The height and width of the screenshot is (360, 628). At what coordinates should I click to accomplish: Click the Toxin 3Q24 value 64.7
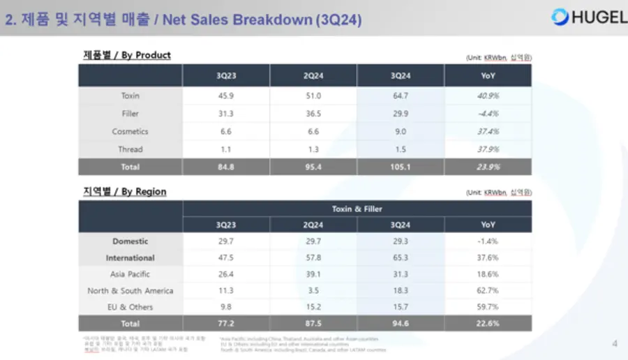[x=401, y=96]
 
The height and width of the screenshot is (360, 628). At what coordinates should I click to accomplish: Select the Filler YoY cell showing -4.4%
[x=488, y=114]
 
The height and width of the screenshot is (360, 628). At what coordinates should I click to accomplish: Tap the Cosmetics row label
[x=130, y=132]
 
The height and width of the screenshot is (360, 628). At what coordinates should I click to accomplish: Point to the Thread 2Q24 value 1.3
[x=313, y=149]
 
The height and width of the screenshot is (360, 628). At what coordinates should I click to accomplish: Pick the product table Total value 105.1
[x=401, y=167]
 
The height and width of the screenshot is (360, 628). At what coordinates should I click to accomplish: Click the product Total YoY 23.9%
[x=488, y=167]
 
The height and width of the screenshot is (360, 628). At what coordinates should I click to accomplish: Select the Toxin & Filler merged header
[x=357, y=209]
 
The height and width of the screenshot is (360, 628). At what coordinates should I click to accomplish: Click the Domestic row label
[x=130, y=241]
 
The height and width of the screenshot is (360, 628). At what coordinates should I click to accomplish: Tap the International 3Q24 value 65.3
[x=401, y=258]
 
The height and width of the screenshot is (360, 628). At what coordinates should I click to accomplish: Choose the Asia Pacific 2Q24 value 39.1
[x=313, y=274]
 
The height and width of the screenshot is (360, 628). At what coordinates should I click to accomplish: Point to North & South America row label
[x=130, y=291]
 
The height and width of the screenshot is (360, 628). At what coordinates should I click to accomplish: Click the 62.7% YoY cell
[x=488, y=291]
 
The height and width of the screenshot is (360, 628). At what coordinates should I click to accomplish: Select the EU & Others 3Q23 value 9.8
[x=226, y=307]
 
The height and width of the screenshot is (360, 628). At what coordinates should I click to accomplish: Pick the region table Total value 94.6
[x=401, y=324]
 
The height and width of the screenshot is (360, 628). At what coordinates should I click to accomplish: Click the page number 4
[x=614, y=343]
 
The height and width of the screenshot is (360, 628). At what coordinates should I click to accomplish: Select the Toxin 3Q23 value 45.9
[x=226, y=96]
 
